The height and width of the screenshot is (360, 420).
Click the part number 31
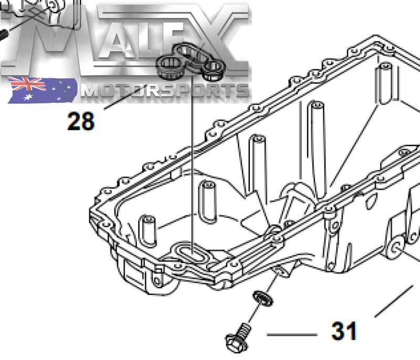coord(344,331)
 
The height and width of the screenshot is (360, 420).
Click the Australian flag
coord(41,89)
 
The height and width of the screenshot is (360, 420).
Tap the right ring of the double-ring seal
coord(214,67)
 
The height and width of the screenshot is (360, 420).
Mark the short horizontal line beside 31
coord(292,334)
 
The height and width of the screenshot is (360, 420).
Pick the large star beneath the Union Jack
coord(24,97)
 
